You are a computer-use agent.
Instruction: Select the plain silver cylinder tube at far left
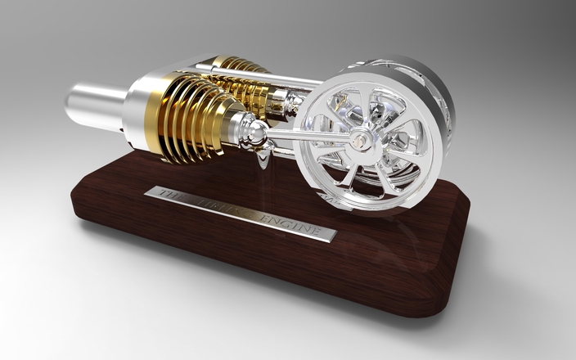[x=94, y=105]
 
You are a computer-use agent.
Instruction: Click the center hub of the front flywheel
[x=358, y=142]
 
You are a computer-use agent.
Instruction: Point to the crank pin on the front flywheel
[x=358, y=142]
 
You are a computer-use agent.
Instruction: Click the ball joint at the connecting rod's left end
[x=257, y=133]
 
